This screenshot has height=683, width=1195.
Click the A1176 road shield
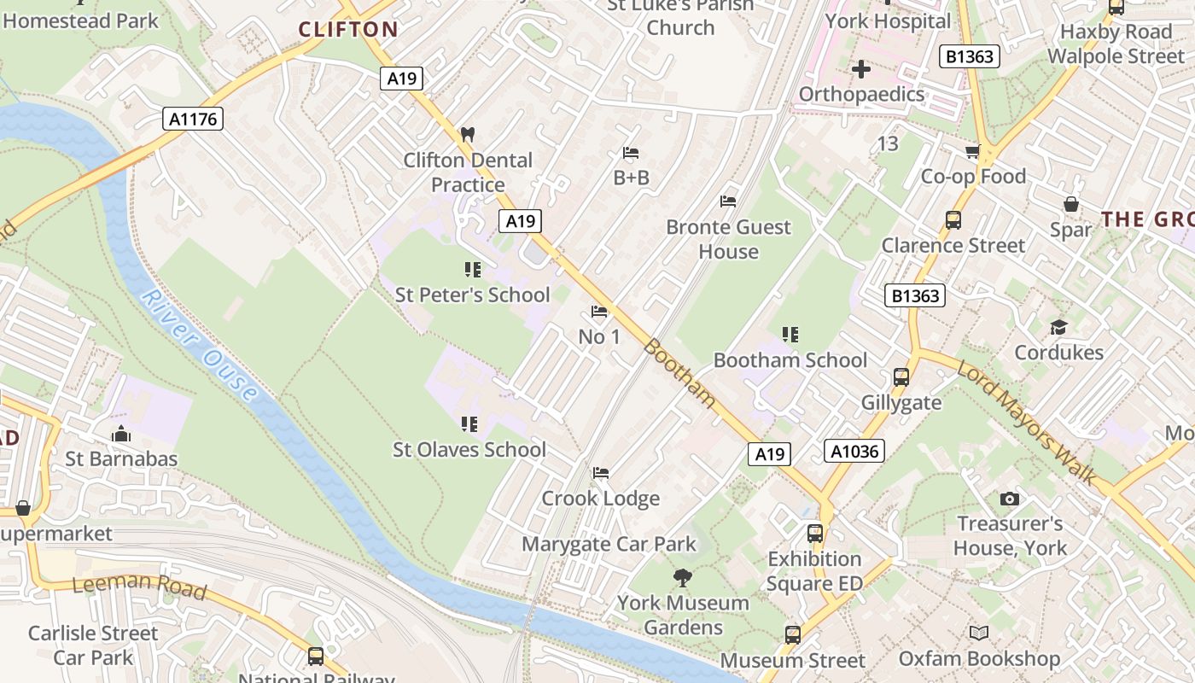point(193,119)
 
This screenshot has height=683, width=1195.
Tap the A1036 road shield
point(854,451)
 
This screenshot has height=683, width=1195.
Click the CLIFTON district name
point(348,30)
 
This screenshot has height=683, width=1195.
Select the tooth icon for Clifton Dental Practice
point(467,134)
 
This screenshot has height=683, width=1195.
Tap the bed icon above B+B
point(631,153)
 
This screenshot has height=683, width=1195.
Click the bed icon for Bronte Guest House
point(728,201)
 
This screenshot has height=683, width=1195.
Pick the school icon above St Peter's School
point(472,270)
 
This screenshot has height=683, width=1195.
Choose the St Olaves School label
point(469,449)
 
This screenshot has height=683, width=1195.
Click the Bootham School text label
point(790,360)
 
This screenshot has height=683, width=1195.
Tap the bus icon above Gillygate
point(901,377)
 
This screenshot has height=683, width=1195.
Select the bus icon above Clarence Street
point(953,219)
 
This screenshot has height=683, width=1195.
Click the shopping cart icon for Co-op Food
point(972,152)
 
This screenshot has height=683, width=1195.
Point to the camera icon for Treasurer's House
point(1010,499)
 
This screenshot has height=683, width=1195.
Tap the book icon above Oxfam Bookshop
point(979,633)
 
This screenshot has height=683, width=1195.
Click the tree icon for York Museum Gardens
point(682,578)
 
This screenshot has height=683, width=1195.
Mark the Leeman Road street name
point(139,586)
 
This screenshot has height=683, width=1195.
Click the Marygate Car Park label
point(609,544)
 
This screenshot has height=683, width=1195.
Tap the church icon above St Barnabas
point(121,434)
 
